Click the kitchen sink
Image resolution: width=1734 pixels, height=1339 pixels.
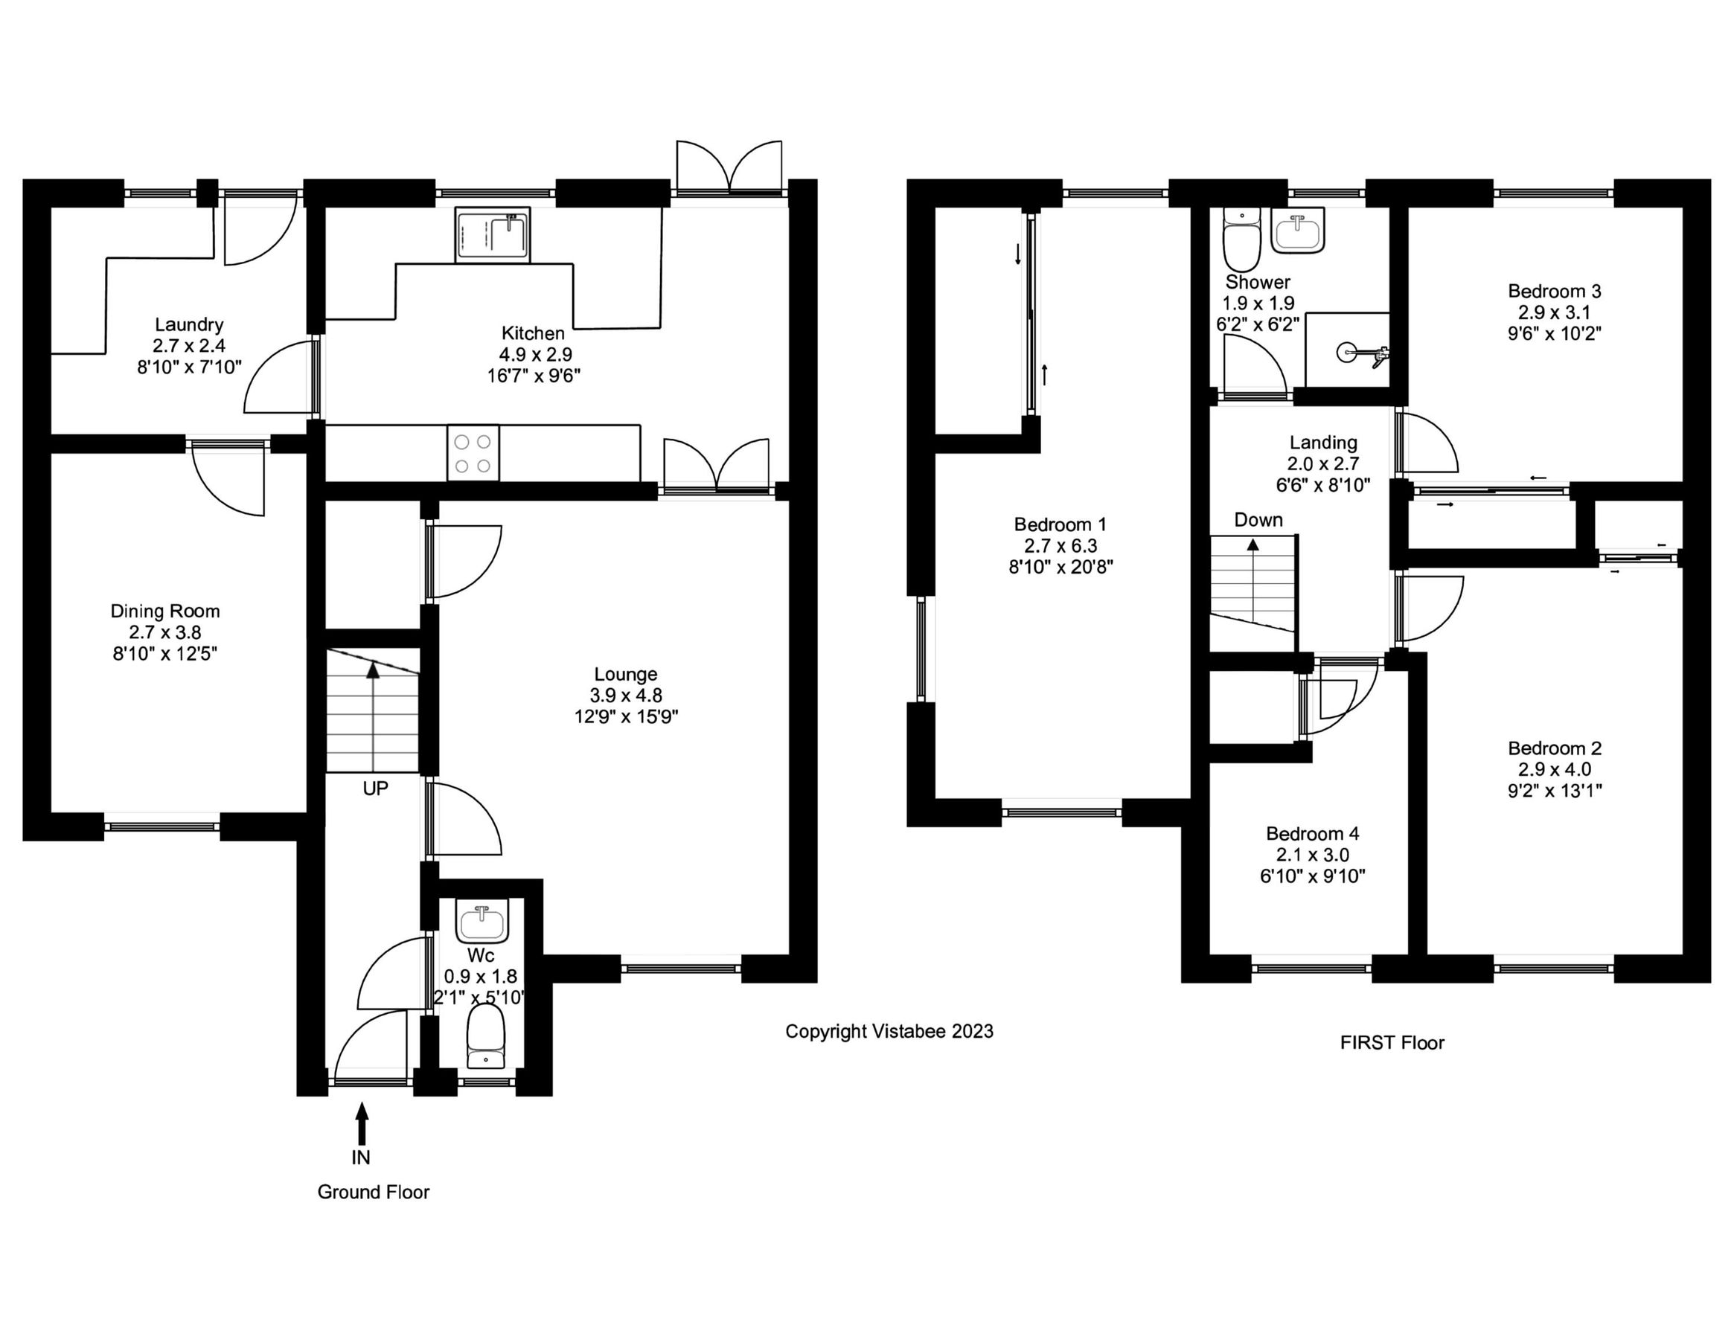point(492,235)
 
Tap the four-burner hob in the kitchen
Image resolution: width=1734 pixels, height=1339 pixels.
point(473,453)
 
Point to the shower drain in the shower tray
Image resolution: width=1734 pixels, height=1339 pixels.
point(1346,352)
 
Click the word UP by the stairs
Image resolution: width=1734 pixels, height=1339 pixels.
point(375,789)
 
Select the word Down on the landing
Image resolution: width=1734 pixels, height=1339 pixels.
point(1258,520)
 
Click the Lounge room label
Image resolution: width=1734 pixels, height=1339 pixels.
point(626,674)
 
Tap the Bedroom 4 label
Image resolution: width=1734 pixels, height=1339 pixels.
point(1313,833)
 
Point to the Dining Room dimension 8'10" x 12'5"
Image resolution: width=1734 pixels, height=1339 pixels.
point(165,653)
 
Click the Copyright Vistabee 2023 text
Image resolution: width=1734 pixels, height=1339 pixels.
point(889,1031)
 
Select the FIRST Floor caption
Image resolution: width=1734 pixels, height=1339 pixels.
point(1392,1043)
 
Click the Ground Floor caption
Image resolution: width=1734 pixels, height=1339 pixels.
point(373,1192)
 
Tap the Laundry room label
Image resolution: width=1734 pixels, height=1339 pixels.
point(189,324)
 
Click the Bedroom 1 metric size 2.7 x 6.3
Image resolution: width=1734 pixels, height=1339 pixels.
point(1060,545)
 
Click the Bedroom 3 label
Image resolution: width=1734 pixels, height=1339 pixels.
point(1555,291)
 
